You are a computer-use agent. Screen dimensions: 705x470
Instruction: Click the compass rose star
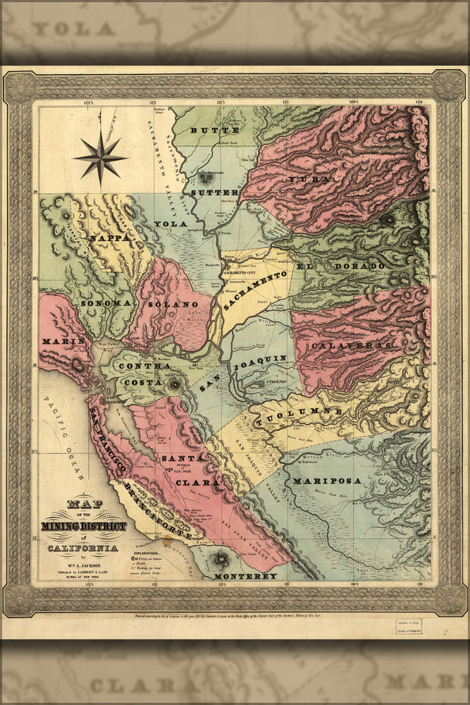[101, 157]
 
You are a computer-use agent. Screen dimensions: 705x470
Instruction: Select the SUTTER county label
[204, 192]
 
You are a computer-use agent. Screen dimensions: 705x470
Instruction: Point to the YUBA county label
[307, 179]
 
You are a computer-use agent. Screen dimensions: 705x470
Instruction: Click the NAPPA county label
[111, 238]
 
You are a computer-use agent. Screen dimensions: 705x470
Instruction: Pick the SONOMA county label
[106, 302]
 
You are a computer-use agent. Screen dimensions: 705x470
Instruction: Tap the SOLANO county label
[173, 304]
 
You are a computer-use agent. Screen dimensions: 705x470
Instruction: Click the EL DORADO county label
[340, 266]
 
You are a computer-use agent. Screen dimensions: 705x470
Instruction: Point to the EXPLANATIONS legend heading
[146, 553]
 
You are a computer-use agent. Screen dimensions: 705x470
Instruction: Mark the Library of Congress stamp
[409, 627]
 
